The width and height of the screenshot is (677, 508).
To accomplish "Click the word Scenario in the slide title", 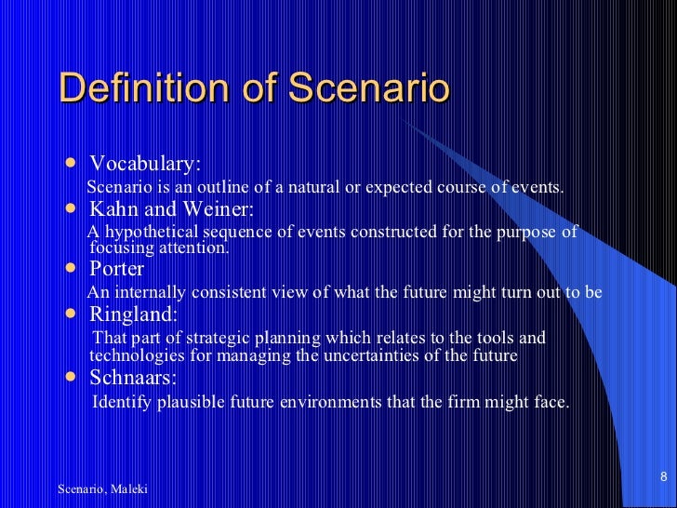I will click(369, 89).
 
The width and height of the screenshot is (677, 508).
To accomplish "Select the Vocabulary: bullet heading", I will click(144, 164).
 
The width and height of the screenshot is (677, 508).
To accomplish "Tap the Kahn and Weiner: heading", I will click(170, 207).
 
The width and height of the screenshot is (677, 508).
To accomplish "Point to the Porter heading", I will click(116, 269).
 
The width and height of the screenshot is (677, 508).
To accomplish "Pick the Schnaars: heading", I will click(133, 378).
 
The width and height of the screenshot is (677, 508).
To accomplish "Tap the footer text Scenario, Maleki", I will click(102, 490).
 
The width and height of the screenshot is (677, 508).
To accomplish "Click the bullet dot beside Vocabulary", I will click(73, 164).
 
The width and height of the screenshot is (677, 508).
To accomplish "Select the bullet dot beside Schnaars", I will click(73, 378).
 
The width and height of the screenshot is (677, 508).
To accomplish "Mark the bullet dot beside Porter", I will click(73, 269).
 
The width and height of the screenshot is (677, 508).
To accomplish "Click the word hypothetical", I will click(147, 232).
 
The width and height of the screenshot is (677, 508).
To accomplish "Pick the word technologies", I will click(135, 355).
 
